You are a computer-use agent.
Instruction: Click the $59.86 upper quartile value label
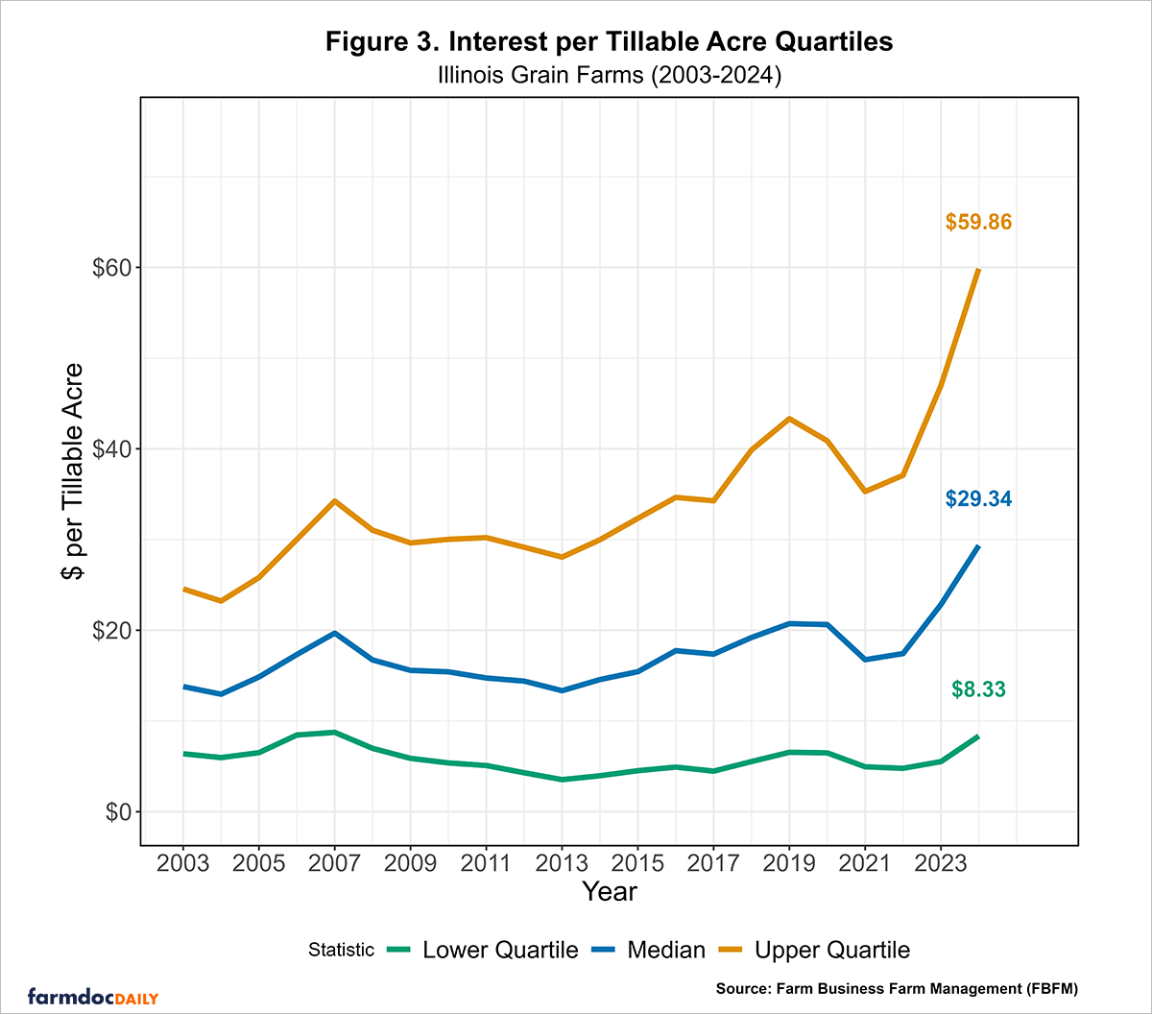978,223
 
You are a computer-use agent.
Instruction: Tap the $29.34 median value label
978,499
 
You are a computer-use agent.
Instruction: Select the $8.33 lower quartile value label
978,688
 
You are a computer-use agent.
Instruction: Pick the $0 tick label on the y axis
117,812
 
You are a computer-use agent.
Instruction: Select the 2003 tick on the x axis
182,861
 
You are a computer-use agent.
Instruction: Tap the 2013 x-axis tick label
562,861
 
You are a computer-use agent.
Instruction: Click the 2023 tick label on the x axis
941,861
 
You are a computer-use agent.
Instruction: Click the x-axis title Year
609,892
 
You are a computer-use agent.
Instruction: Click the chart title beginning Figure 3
610,42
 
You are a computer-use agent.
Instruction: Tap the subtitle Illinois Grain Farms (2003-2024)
610,75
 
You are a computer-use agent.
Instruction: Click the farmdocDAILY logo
93,995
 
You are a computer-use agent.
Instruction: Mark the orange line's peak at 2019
789,418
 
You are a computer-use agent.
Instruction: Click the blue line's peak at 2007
334,633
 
